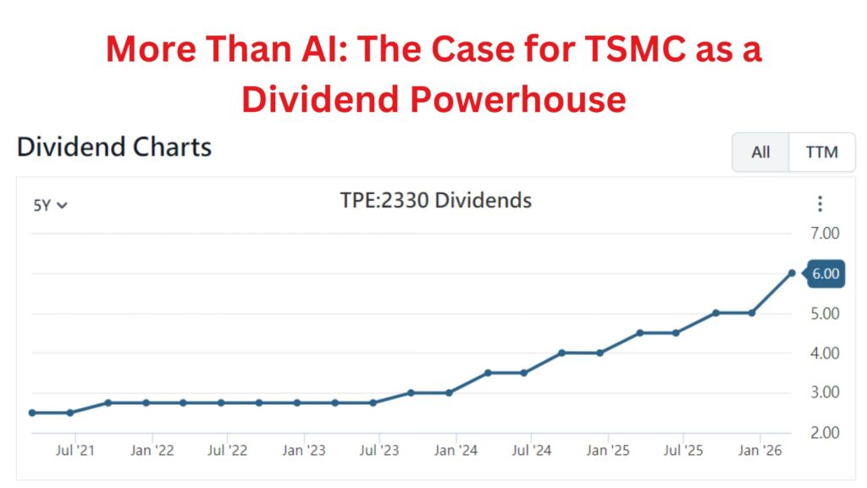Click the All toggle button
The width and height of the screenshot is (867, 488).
coord(760,152)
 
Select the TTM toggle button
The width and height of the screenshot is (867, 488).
coord(821,152)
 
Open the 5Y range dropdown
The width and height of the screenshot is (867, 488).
coord(50,204)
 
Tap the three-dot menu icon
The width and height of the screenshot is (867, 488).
coord(819,204)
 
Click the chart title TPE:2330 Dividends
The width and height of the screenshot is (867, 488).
coord(435,201)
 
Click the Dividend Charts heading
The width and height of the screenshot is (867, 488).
coord(114,147)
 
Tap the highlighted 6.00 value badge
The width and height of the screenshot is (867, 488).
coord(826,274)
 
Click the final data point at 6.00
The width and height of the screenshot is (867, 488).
coord(792,273)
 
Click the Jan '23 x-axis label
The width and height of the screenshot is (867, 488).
coord(303,450)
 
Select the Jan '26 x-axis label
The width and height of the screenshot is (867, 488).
coord(759,450)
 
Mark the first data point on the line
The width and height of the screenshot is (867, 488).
coord(32,413)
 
